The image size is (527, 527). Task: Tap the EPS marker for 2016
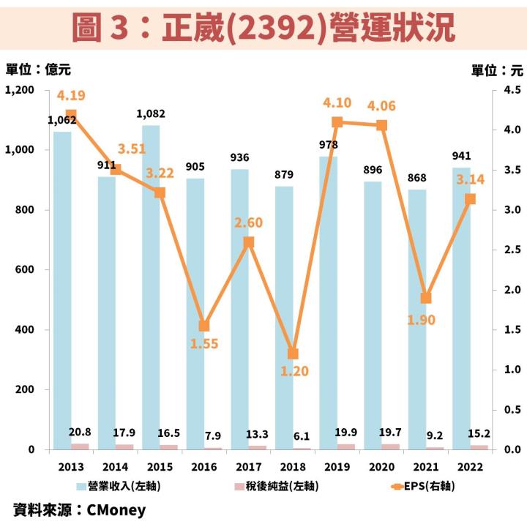click(x=204, y=326)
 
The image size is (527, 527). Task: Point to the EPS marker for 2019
click(x=337, y=122)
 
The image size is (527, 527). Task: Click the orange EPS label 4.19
click(x=72, y=96)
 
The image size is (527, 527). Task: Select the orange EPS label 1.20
click(x=293, y=372)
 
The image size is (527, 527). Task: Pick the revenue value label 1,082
click(x=151, y=114)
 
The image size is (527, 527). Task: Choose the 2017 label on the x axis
click(x=248, y=467)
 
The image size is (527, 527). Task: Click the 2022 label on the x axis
click(x=469, y=467)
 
